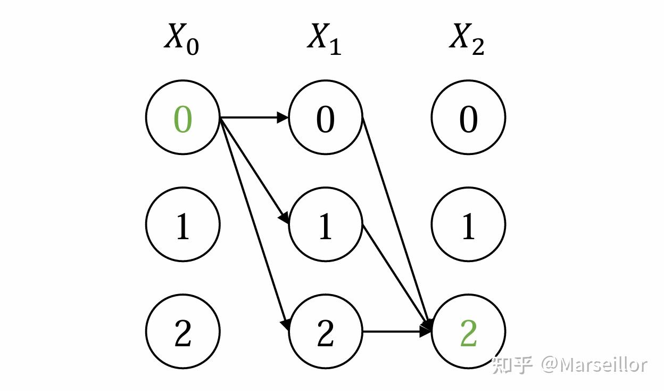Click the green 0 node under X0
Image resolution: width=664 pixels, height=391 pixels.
[x=183, y=117]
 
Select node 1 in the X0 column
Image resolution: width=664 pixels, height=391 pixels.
[x=183, y=224]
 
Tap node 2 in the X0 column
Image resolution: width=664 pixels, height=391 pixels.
[x=183, y=331]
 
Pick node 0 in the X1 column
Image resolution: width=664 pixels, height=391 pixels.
[x=326, y=117]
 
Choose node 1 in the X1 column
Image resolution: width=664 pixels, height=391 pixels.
[x=326, y=224]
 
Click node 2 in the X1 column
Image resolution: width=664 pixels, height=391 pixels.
[x=326, y=331]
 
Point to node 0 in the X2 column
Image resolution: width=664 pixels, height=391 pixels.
[x=468, y=117]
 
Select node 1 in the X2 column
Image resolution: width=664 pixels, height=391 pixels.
[x=468, y=224]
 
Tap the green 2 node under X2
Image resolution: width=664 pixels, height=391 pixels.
[x=468, y=331]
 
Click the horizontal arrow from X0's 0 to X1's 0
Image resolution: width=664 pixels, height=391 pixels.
[x=254, y=117]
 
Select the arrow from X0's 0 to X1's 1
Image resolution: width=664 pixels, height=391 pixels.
[x=254, y=170]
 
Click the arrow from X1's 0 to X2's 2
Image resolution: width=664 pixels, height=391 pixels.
[x=397, y=224]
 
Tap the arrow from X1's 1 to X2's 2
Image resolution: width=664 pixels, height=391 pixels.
[x=397, y=278]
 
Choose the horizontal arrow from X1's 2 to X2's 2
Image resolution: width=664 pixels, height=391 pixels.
[x=397, y=331]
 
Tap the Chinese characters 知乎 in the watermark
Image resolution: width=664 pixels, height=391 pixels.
[x=512, y=365]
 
